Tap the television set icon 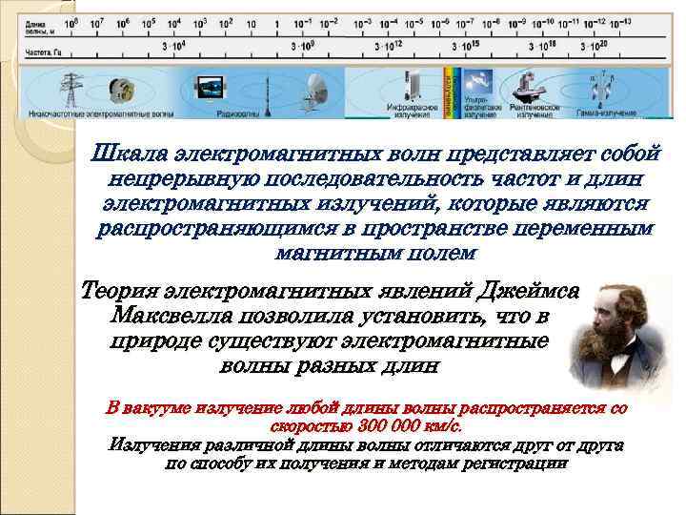[x=209, y=91]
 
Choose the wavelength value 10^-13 [x=618, y=20]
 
